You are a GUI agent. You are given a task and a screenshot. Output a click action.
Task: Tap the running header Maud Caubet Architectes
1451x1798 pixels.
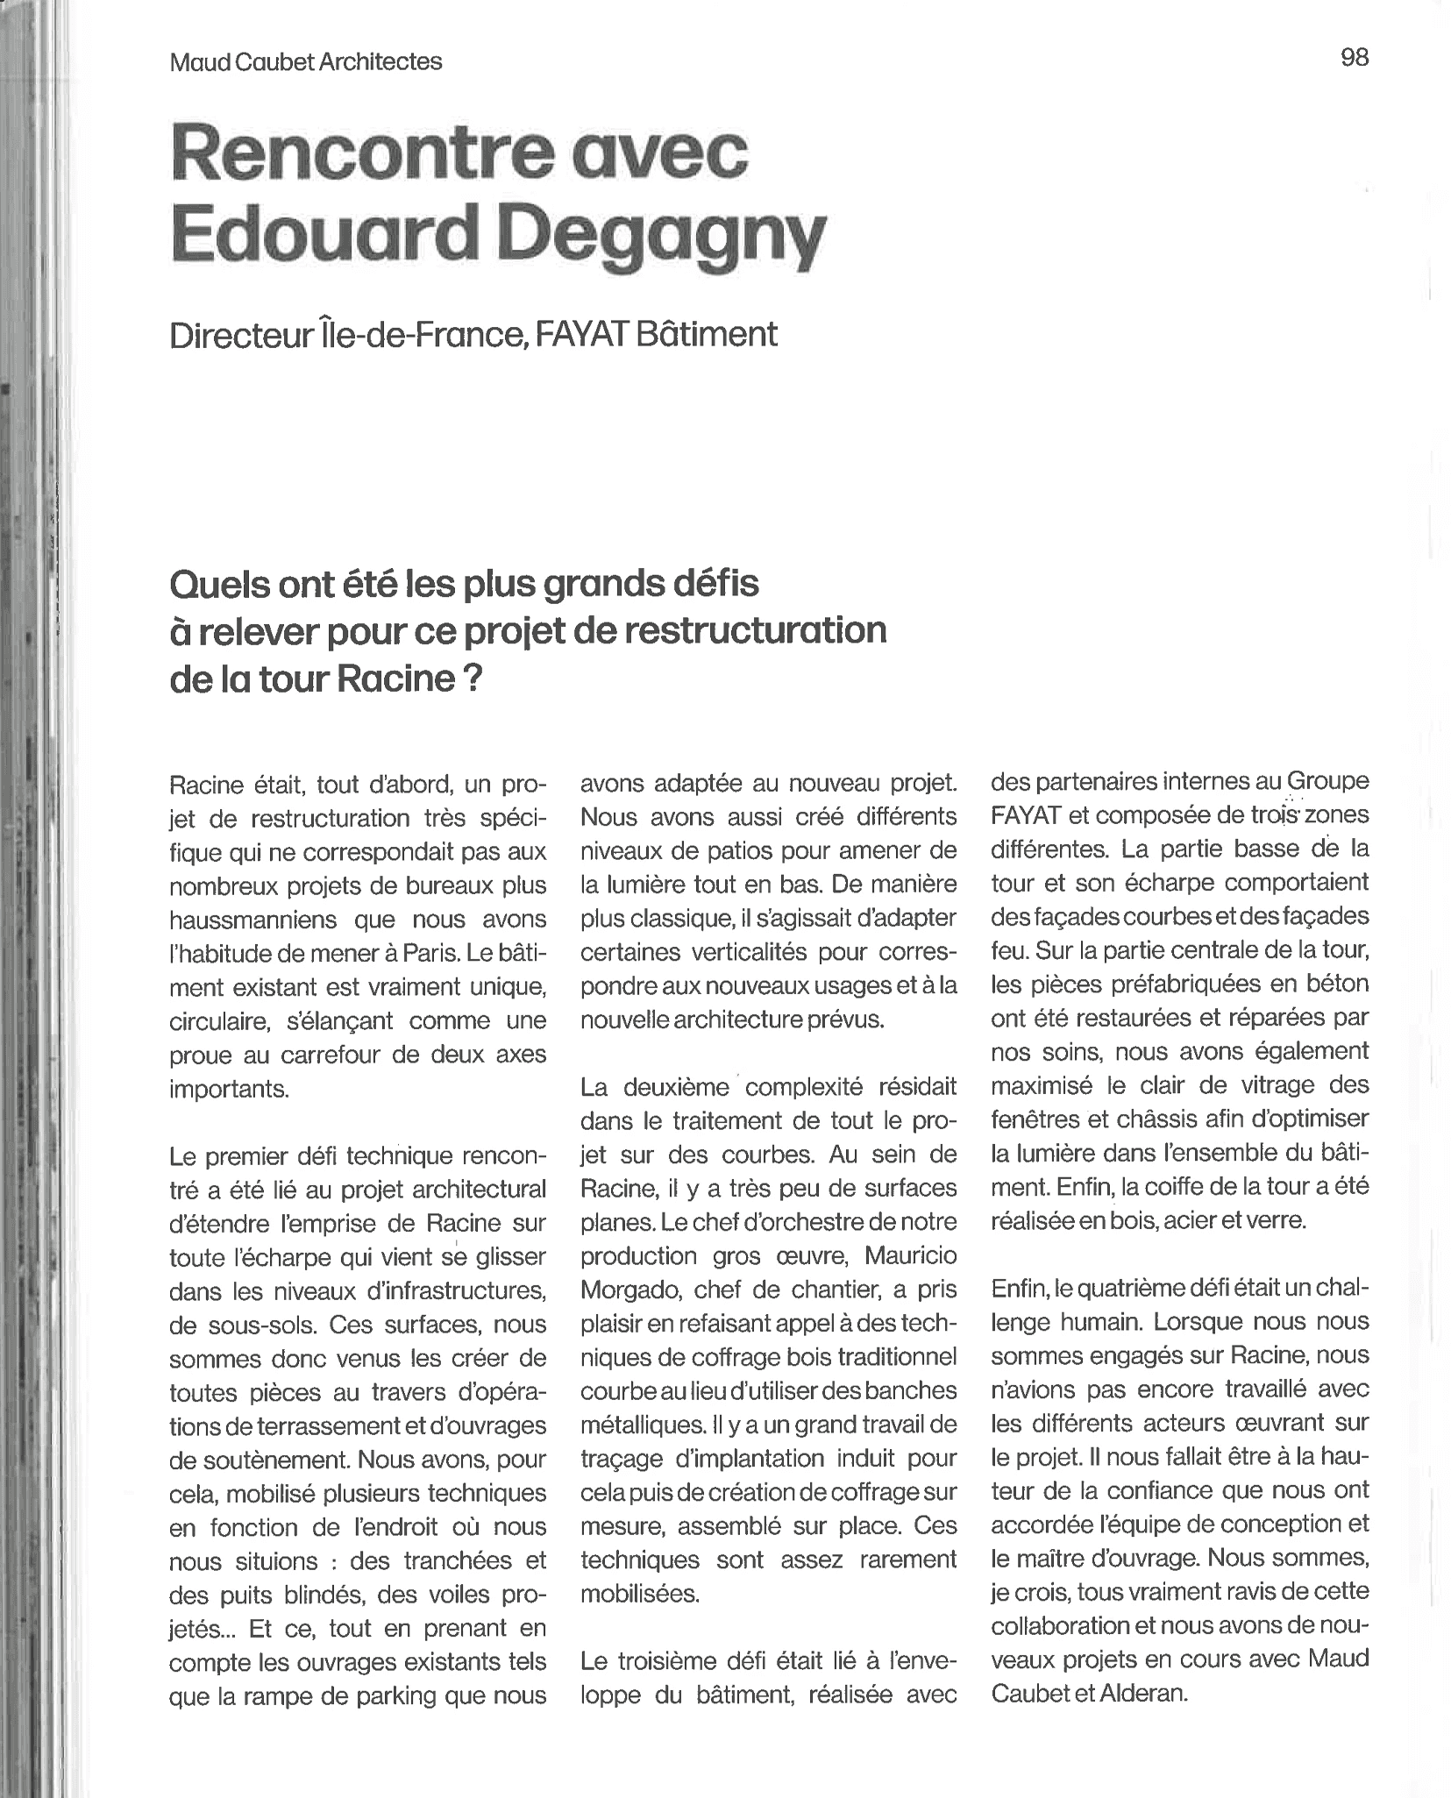pos(306,62)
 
